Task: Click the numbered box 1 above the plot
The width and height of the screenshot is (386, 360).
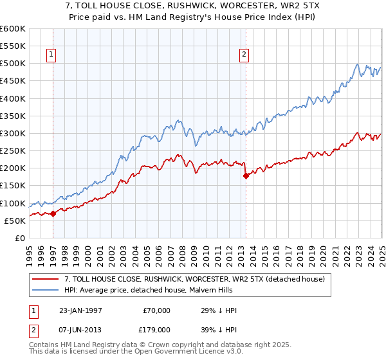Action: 51,55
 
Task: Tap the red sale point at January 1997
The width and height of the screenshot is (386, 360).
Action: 53,214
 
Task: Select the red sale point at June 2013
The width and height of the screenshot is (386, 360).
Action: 245,175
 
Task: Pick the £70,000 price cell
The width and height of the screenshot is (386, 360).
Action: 157,310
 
